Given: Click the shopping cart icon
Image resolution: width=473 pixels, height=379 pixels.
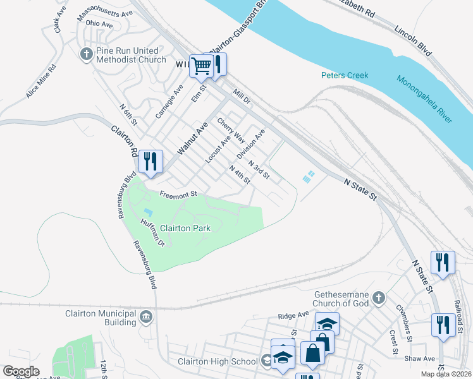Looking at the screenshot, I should pyautogui.click(x=201, y=65).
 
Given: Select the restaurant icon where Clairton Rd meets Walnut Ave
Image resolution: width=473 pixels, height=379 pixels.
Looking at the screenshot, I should pyautogui.click(x=149, y=161).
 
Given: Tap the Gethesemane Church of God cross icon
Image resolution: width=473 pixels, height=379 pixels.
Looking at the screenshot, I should pyautogui.click(x=378, y=297).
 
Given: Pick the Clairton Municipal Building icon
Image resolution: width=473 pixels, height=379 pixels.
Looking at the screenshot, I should pyautogui.click(x=146, y=316).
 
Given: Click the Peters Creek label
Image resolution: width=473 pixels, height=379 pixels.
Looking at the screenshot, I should pyautogui.click(x=344, y=75).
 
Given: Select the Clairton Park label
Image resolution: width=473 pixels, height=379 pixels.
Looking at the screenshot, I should pyautogui.click(x=184, y=228).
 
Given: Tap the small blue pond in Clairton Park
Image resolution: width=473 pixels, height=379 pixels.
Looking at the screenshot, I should pyautogui.click(x=148, y=212).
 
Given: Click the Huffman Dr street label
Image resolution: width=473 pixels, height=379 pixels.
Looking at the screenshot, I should pyautogui.click(x=152, y=231).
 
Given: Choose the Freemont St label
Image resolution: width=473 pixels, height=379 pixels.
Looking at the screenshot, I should pyautogui.click(x=179, y=194).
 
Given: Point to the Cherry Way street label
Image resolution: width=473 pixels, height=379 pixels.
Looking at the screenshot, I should pyautogui.click(x=230, y=129).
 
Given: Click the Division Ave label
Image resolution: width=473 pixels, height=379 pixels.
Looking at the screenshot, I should pyautogui.click(x=250, y=144).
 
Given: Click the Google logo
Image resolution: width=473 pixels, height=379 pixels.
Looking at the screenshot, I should pyautogui.click(x=21, y=371).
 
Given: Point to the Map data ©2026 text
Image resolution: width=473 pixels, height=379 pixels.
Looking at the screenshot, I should pyautogui.click(x=446, y=374).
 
